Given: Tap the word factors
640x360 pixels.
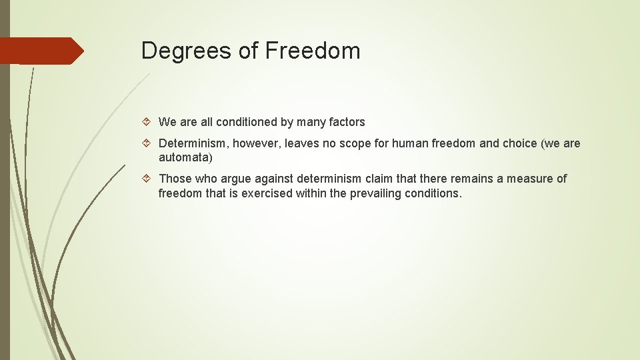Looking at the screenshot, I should [347, 122].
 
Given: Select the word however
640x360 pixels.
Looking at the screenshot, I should [251, 143].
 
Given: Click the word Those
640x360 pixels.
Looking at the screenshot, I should [175, 179].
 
